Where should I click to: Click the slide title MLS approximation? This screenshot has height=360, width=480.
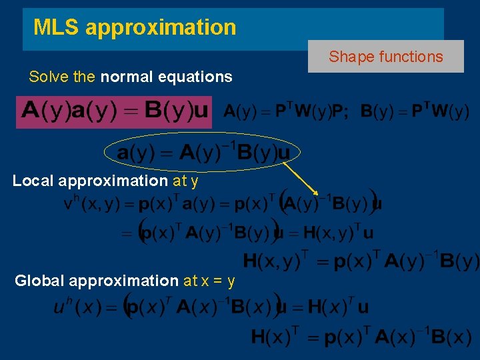pos(135,27)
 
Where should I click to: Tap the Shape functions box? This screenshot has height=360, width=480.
pos(385,57)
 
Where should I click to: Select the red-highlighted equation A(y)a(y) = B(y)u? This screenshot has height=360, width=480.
pos(114,111)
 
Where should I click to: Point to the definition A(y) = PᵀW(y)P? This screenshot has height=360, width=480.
pos(285,111)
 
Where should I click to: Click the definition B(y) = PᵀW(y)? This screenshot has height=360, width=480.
pos(415,111)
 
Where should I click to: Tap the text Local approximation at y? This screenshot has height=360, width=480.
pos(105,181)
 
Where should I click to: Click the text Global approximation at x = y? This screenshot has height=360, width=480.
pos(125,281)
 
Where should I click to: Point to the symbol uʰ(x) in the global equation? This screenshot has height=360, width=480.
pos(77,308)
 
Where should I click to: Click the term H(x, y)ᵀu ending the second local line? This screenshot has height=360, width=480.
pos(338,233)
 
